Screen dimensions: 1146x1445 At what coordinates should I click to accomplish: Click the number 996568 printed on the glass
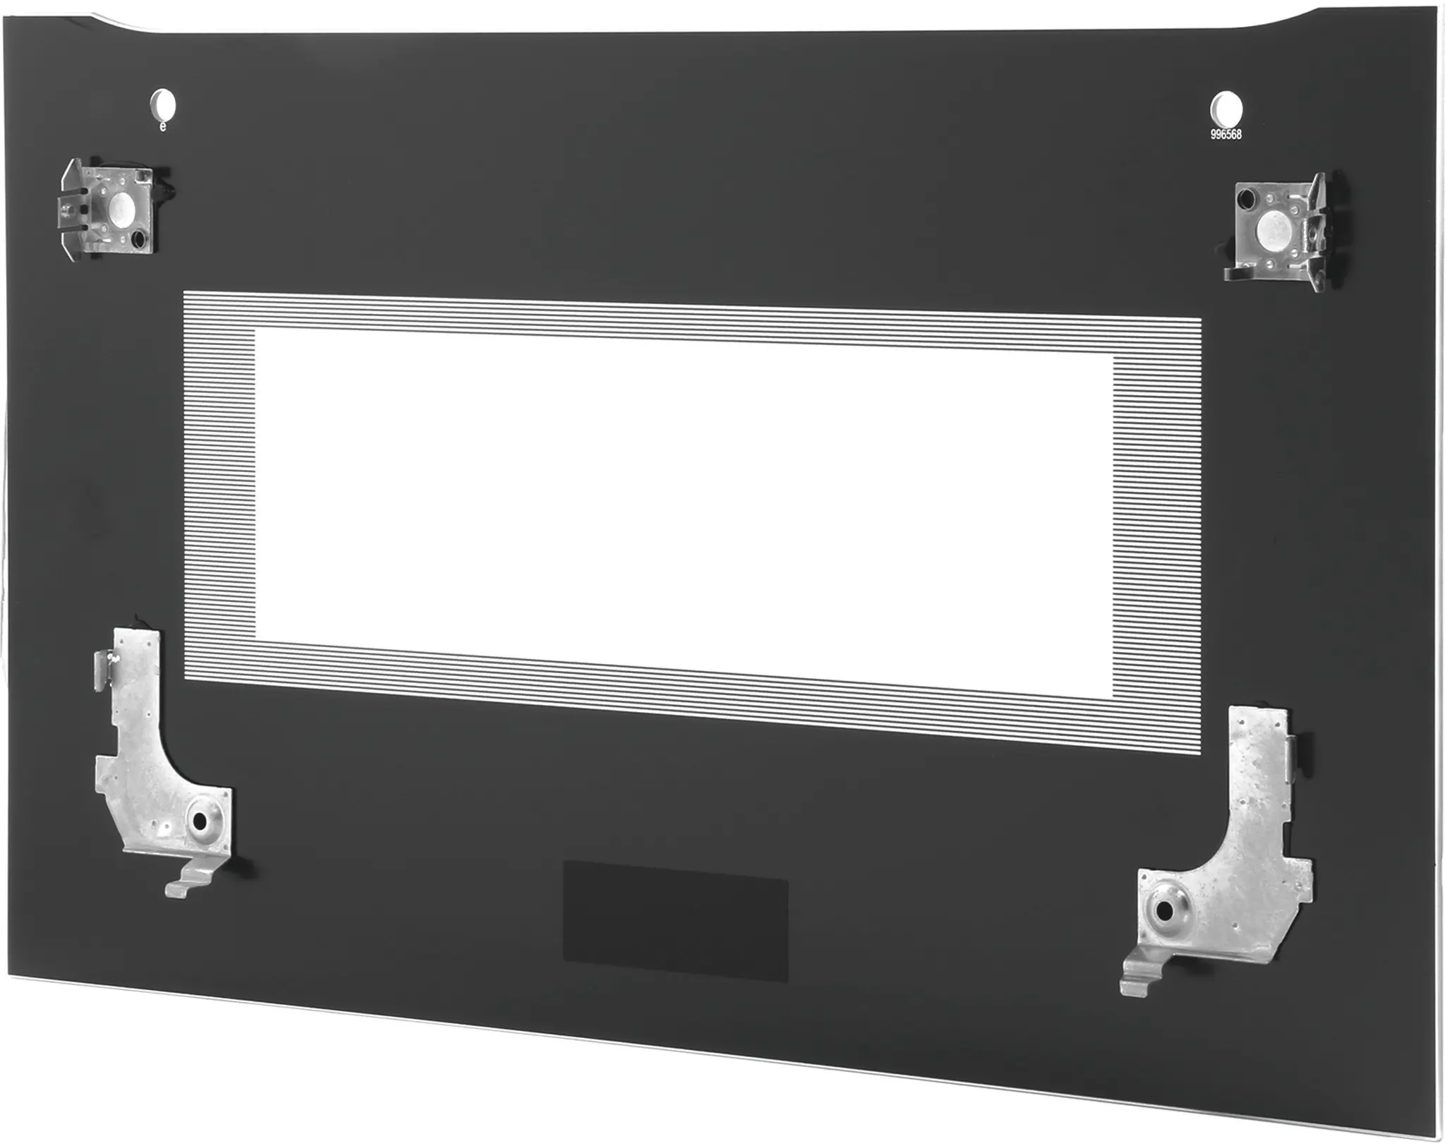tap(1226, 134)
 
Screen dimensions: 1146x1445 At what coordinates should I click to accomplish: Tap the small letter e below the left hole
tap(163, 126)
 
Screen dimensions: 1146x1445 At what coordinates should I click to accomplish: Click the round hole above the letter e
tap(164, 105)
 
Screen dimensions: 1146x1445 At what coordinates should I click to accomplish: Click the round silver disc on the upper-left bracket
tap(117, 205)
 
